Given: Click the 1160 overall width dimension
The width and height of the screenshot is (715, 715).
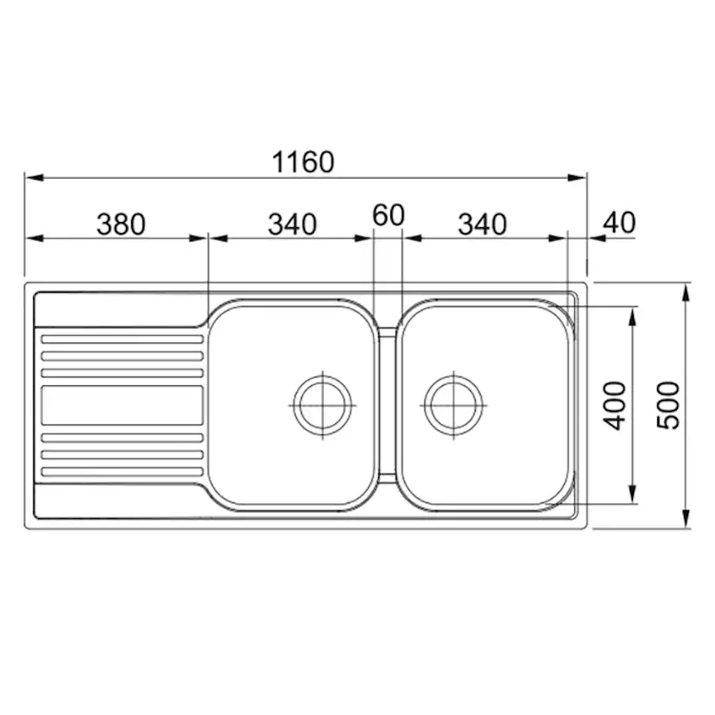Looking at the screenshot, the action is click(303, 161).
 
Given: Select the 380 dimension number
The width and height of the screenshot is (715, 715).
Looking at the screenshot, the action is click(121, 225).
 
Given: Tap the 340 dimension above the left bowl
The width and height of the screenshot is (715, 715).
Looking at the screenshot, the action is click(292, 225).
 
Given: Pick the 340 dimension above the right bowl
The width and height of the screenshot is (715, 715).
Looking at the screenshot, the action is click(482, 225).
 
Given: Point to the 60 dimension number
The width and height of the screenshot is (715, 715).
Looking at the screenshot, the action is click(388, 215).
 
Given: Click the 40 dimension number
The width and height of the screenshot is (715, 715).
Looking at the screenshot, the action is click(619, 223).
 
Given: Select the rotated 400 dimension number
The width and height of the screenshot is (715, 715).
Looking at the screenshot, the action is click(615, 405).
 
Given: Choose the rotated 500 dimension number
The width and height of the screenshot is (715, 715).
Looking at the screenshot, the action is click(668, 405).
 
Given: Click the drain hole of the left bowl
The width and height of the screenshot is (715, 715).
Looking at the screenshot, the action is click(323, 405).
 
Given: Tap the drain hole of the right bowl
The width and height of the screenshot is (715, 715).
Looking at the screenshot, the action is click(453, 405).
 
